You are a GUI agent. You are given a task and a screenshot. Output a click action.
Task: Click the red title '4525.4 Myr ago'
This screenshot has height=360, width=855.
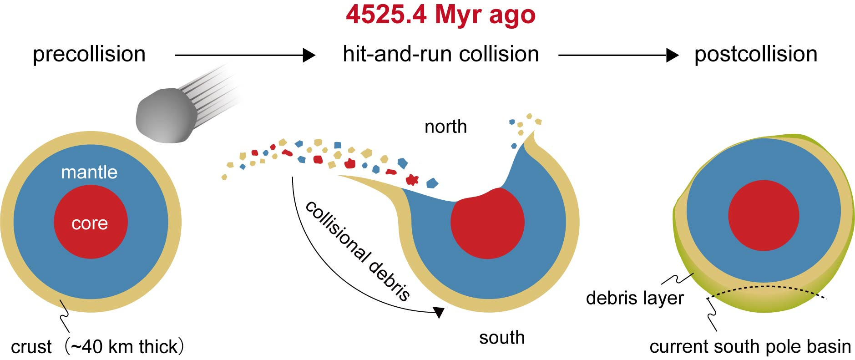click(440, 15)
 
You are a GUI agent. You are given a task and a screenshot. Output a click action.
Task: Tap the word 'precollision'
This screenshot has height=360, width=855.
click(89, 54)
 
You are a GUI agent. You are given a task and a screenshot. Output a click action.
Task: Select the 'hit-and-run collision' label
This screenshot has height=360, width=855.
click(441, 54)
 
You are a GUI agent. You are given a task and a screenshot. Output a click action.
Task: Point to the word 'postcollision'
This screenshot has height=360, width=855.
click(756, 54)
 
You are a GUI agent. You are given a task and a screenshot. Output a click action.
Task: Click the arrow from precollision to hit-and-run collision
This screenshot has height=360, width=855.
click(245, 55)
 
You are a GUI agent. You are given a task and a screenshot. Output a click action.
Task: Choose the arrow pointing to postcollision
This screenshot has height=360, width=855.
click(618, 55)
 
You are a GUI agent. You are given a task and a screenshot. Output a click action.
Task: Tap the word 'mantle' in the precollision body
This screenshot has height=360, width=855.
click(89, 172)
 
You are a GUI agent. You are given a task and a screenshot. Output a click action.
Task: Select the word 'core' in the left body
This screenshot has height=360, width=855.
click(90, 223)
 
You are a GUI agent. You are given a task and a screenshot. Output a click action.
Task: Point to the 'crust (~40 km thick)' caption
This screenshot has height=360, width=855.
click(97, 347)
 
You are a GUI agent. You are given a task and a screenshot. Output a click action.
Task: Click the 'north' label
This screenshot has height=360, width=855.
click(445, 127)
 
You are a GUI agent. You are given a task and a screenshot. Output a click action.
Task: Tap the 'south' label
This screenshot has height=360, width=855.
click(502, 338)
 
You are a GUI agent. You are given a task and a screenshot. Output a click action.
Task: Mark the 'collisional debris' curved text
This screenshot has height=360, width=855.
click(358, 250)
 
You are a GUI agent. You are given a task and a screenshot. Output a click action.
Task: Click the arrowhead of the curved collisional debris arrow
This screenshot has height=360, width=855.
click(439, 312)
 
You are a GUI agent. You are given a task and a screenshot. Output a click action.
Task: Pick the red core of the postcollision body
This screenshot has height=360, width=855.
click(764, 215)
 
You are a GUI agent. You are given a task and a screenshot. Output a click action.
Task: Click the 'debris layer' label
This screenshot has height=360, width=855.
click(635, 298)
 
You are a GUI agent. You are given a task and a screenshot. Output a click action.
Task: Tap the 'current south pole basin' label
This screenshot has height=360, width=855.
click(750, 347)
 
